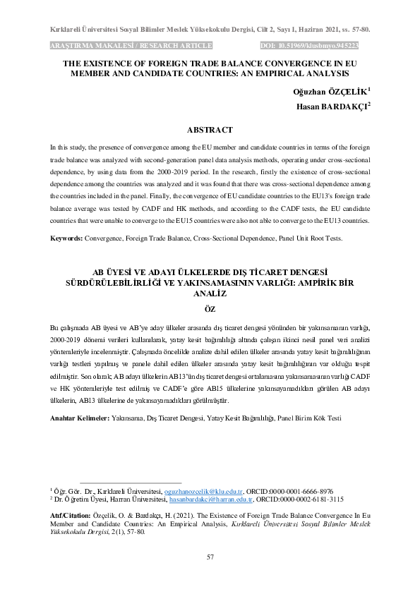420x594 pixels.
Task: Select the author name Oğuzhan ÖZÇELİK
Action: pyautogui.click(x=329, y=92)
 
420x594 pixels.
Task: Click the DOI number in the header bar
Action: pyautogui.click(x=329, y=46)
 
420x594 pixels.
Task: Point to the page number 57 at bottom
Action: pyautogui.click(x=210, y=557)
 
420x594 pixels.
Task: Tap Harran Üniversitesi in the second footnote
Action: pyautogui.click(x=136, y=499)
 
